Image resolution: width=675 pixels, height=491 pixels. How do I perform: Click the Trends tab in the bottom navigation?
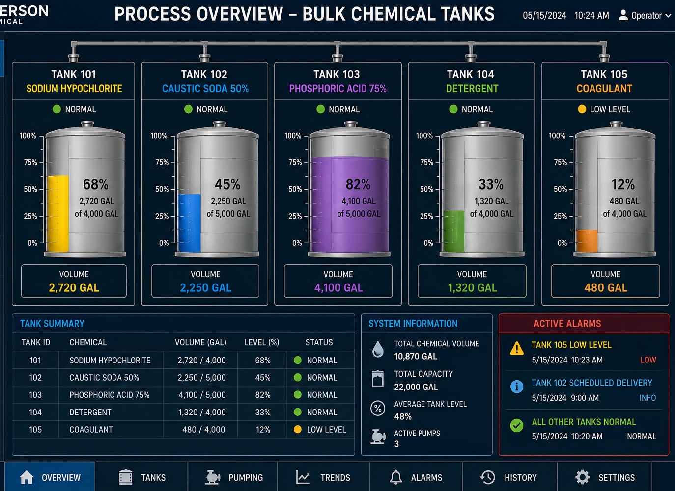(x=323, y=477)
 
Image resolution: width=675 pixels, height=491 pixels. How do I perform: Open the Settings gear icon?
(x=582, y=477)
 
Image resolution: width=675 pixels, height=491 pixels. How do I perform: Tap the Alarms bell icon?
(x=395, y=477)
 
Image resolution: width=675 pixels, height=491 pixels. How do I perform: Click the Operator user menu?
(x=644, y=15)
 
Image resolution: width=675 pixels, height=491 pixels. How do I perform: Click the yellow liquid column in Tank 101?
(x=58, y=213)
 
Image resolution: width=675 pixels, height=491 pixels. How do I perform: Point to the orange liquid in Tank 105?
(x=587, y=241)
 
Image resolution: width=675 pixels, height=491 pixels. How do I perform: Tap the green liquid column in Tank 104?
(x=454, y=231)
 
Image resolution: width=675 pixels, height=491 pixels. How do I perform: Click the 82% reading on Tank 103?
(x=358, y=184)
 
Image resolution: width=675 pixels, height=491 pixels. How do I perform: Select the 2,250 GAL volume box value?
(x=205, y=287)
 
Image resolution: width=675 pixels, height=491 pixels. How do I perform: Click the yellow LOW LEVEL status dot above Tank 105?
(x=582, y=109)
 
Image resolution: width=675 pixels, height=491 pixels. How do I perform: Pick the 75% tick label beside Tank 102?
(x=162, y=162)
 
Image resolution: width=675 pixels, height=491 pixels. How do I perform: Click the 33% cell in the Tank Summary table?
(x=263, y=412)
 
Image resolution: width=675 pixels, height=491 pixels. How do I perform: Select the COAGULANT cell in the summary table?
(x=91, y=430)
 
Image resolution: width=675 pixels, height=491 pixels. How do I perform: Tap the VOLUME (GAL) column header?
(x=200, y=342)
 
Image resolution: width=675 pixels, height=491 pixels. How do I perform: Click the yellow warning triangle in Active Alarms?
(x=517, y=348)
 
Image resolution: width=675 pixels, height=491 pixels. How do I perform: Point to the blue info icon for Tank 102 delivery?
(x=517, y=386)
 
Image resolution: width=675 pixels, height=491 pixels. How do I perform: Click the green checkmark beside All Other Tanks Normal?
(x=517, y=425)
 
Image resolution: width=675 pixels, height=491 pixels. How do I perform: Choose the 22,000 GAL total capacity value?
(x=416, y=387)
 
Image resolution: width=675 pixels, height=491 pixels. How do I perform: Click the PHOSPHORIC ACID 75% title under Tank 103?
(x=337, y=88)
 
